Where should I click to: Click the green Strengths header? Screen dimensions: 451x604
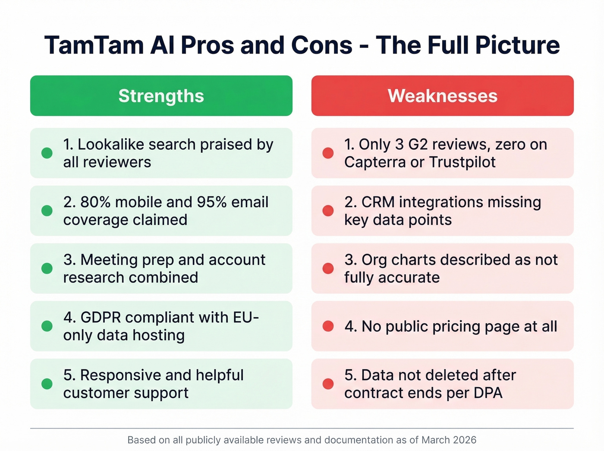[161, 96]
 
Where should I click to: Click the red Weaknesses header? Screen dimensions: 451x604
[442, 96]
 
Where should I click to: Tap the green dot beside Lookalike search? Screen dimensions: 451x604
[47, 153]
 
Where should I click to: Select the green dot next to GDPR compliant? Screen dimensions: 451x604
[47, 326]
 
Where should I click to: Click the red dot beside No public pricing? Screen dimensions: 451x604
[328, 326]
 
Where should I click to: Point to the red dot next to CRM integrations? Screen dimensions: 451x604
[328, 211]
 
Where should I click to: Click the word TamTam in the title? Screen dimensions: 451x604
[94, 45]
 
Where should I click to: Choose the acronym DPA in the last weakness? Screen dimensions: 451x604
[487, 393]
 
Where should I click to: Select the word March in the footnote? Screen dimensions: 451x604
[436, 440]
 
